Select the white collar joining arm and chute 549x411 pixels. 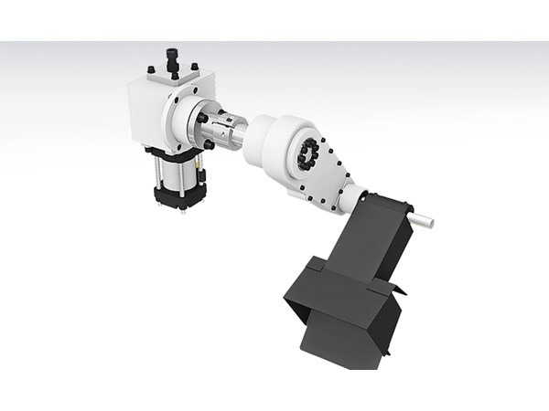click(351, 196)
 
